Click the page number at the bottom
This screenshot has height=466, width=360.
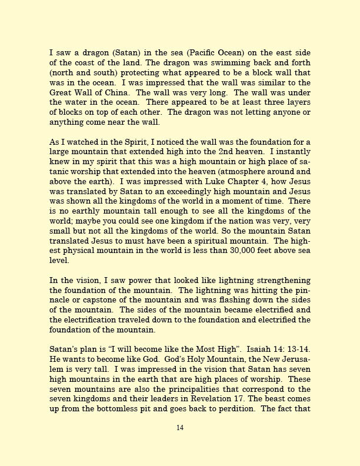(x=180, y=428)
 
